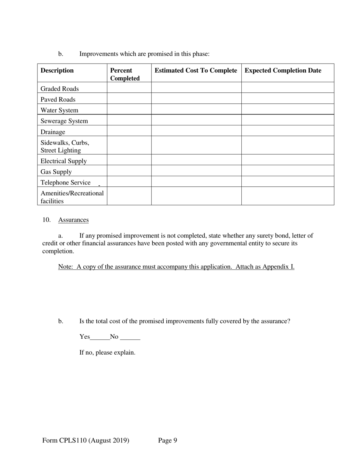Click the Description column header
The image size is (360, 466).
pyautogui.click(x=57, y=70)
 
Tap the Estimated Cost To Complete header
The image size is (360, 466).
pyautogui.click(x=196, y=70)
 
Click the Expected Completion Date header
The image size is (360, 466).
pyautogui.click(x=283, y=70)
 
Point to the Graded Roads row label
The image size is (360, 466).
pyautogui.click(x=59, y=89)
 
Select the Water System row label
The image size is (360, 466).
pyautogui.click(x=59, y=110)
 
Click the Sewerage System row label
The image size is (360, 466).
pyautogui.click(x=64, y=121)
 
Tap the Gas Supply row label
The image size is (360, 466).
pyautogui.click(x=56, y=172)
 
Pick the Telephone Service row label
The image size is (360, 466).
pyautogui.click(x=66, y=183)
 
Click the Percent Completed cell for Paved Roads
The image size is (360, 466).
pyautogui.click(x=129, y=99)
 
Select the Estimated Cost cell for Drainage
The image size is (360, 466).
pyautogui.click(x=196, y=131)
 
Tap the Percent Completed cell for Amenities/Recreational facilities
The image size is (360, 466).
pyautogui.click(x=129, y=196)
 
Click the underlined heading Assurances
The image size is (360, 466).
pyautogui.click(x=74, y=220)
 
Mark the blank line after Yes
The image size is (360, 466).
pyautogui.click(x=100, y=337)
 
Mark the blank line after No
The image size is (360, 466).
pyautogui.click(x=130, y=337)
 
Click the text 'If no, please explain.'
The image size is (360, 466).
pyautogui.click(x=107, y=352)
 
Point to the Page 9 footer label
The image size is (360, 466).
pyautogui.click(x=167, y=440)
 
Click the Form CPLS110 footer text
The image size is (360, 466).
pyautogui.click(x=86, y=440)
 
